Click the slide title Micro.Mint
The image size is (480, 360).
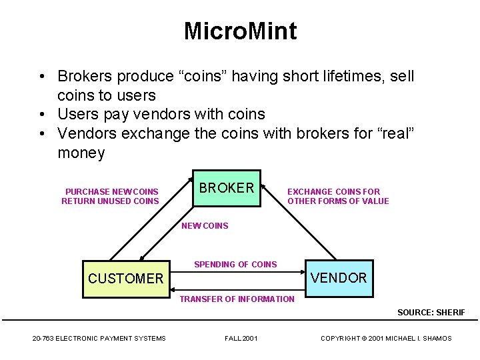(x=240, y=31)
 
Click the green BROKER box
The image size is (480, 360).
(x=227, y=188)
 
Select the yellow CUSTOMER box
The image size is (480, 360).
(x=125, y=279)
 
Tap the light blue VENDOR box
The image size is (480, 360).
(x=339, y=278)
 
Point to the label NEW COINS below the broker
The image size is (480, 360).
(x=205, y=226)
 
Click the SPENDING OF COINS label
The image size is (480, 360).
(x=235, y=265)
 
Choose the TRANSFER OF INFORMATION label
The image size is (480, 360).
(x=237, y=299)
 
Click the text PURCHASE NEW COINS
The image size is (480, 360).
(x=112, y=192)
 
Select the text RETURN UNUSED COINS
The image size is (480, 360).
(x=110, y=201)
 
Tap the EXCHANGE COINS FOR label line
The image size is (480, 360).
(x=333, y=192)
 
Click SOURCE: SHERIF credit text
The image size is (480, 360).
(x=431, y=313)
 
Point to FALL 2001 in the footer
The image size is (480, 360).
(x=241, y=339)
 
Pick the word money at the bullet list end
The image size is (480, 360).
(x=81, y=153)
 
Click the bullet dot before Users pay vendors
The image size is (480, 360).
(x=42, y=115)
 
